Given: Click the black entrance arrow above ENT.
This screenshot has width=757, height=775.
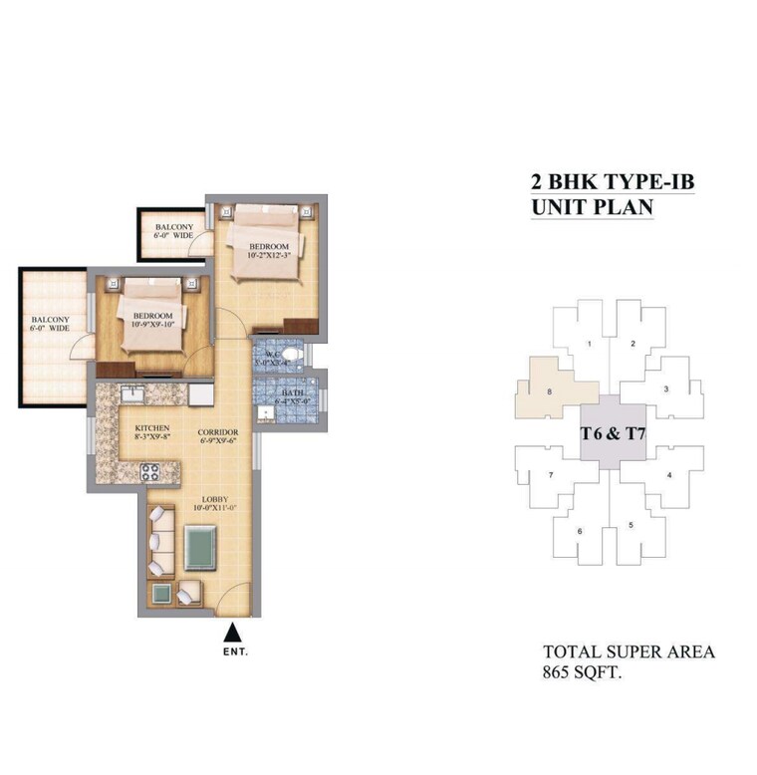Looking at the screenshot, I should pyautogui.click(x=232, y=631).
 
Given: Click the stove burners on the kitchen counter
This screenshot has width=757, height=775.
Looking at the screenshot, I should pyautogui.click(x=150, y=472).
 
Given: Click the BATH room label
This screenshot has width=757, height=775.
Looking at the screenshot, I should pyautogui.click(x=293, y=393).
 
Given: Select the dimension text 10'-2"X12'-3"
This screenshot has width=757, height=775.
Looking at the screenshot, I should pyautogui.click(x=269, y=256).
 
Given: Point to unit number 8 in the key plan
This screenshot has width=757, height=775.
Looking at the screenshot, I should pyautogui.click(x=549, y=391).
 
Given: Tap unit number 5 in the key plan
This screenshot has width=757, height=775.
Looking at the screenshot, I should pyautogui.click(x=630, y=524).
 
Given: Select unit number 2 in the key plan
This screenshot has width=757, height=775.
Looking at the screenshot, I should pyautogui.click(x=632, y=345).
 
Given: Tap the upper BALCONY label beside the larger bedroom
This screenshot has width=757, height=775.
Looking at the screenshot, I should pyautogui.click(x=175, y=228).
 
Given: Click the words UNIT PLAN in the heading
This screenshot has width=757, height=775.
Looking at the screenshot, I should pyautogui.click(x=592, y=207).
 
